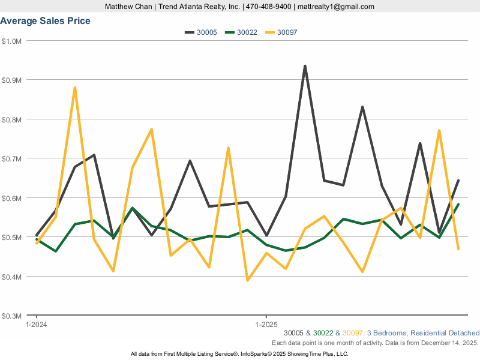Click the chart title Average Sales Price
pyautogui.click(x=46, y=21)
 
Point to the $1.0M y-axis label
pyautogui.click(x=11, y=41)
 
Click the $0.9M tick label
pyautogui.click(x=11, y=80)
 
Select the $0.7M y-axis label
pyautogui.click(x=11, y=159)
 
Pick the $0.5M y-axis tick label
pyautogui.click(x=11, y=238)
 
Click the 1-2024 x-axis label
pyautogui.click(x=37, y=324)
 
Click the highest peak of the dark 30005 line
pyautogui.click(x=305, y=66)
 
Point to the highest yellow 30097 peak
pyautogui.click(x=74, y=88)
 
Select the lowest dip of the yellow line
pyautogui.click(x=247, y=280)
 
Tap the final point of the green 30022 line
pyautogui.click(x=458, y=205)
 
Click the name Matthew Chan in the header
pyautogui.click(x=127, y=7)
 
